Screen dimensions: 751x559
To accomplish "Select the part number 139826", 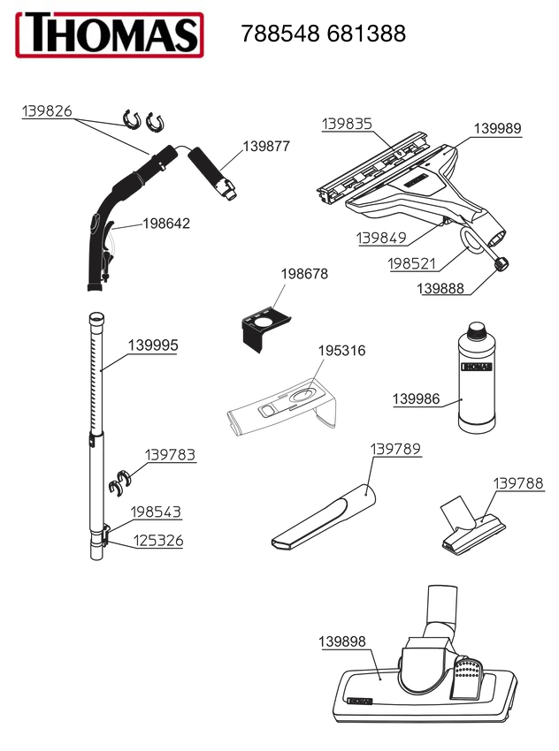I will (x=47, y=110).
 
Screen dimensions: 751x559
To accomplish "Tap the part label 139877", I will (x=266, y=146).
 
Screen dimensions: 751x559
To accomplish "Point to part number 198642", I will (x=166, y=224).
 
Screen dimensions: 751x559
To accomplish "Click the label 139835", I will (x=347, y=124).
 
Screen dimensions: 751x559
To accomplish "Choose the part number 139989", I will (x=497, y=128).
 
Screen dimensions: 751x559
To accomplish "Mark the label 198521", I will (x=413, y=264).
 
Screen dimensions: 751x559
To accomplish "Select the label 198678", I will (x=304, y=274).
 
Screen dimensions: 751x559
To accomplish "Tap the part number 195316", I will (x=341, y=351).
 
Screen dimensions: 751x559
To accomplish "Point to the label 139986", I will (x=416, y=399).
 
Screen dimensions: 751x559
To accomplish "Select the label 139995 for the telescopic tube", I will (x=153, y=345).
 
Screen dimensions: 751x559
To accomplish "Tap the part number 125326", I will (x=157, y=541).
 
